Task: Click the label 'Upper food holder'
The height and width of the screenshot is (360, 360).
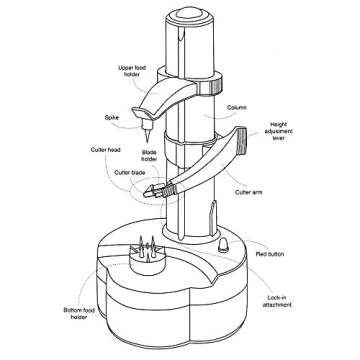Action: click(132, 71)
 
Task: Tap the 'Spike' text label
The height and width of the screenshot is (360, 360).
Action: click(112, 118)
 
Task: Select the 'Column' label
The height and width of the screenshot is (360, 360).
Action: click(237, 108)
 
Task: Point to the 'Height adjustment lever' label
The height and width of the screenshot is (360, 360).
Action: click(279, 131)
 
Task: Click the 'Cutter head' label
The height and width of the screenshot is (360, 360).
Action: click(106, 150)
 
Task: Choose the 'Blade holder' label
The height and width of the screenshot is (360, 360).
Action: click(149, 156)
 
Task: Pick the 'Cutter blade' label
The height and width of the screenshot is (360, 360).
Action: click(130, 173)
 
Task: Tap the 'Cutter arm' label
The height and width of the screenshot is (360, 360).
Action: click(249, 192)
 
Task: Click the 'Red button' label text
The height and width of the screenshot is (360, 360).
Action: click(270, 254)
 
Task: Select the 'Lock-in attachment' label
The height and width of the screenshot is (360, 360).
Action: click(277, 301)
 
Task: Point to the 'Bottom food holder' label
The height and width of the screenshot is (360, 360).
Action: click(79, 314)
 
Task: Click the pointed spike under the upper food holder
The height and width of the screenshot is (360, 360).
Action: click(146, 132)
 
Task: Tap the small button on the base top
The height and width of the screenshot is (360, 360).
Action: click(222, 246)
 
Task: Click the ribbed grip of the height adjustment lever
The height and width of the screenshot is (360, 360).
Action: click(241, 141)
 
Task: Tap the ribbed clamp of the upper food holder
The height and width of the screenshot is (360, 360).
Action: click(211, 85)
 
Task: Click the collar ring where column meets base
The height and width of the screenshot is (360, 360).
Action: click(191, 234)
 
